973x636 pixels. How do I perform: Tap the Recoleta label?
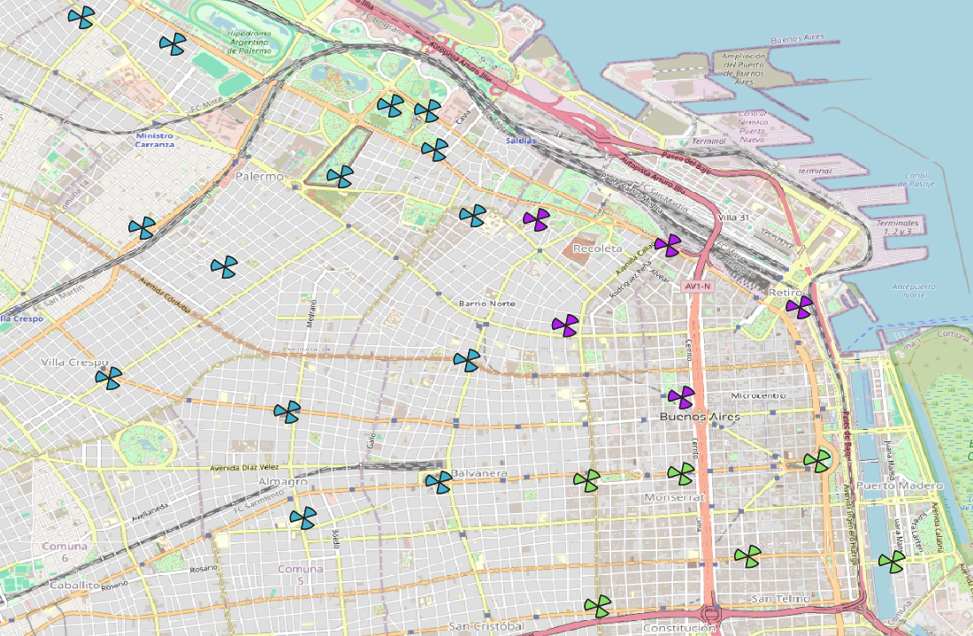tap(599, 249)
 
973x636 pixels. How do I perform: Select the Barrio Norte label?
tap(486, 303)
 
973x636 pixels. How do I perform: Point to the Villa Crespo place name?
tap(74, 363)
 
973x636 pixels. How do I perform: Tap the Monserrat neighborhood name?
tap(676, 497)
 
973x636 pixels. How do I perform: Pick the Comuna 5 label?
tap(301, 574)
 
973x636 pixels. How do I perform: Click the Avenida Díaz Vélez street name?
tap(244, 467)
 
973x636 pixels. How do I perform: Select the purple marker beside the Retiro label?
tap(799, 307)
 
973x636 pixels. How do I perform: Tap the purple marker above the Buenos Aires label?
tap(681, 397)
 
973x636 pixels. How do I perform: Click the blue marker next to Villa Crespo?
tap(108, 379)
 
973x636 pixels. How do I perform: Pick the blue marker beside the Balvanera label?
tap(438, 482)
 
